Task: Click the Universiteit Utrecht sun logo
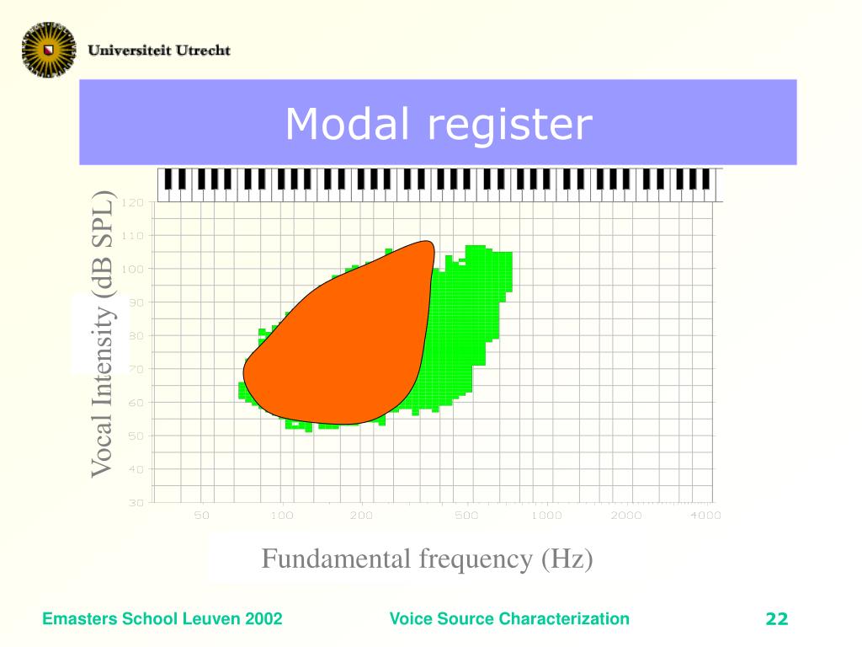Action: pyautogui.click(x=49, y=48)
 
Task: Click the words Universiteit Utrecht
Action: pyautogui.click(x=159, y=50)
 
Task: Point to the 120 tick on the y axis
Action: pyautogui.click(x=134, y=202)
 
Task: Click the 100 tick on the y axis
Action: pyautogui.click(x=134, y=269)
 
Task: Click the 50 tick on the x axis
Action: pyautogui.click(x=202, y=515)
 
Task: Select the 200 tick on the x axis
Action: pyautogui.click(x=361, y=515)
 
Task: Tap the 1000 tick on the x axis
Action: pyautogui.click(x=546, y=515)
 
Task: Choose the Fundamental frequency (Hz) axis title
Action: pyautogui.click(x=427, y=559)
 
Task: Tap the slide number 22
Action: pyautogui.click(x=776, y=620)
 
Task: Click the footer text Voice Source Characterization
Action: pyautogui.click(x=509, y=619)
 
